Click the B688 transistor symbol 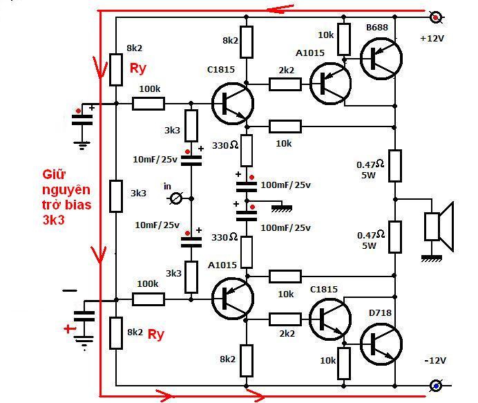pyautogui.click(x=381, y=59)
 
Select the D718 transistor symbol pyautogui.click(x=381, y=344)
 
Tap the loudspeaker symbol pyautogui.click(x=439, y=227)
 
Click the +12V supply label pyautogui.click(x=432, y=39)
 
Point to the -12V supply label pyautogui.click(x=435, y=361)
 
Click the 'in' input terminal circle pyautogui.click(x=176, y=199)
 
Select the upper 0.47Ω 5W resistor pyautogui.click(x=395, y=166)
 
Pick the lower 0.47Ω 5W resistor pyautogui.click(x=395, y=237)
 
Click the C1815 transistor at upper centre pyautogui.click(x=233, y=104)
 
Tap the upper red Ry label pyautogui.click(x=138, y=68)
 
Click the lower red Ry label pyautogui.click(x=156, y=335)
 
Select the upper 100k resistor pyautogui.click(x=149, y=104)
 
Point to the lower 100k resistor pyautogui.click(x=149, y=299)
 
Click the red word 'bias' pyautogui.click(x=76, y=205)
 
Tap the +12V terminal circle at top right pyautogui.click(x=436, y=17)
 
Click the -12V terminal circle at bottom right pyautogui.click(x=436, y=386)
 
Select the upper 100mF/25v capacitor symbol pyautogui.click(x=247, y=187)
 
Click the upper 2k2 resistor pyautogui.click(x=285, y=84)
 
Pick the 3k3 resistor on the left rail pyautogui.click(x=116, y=196)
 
